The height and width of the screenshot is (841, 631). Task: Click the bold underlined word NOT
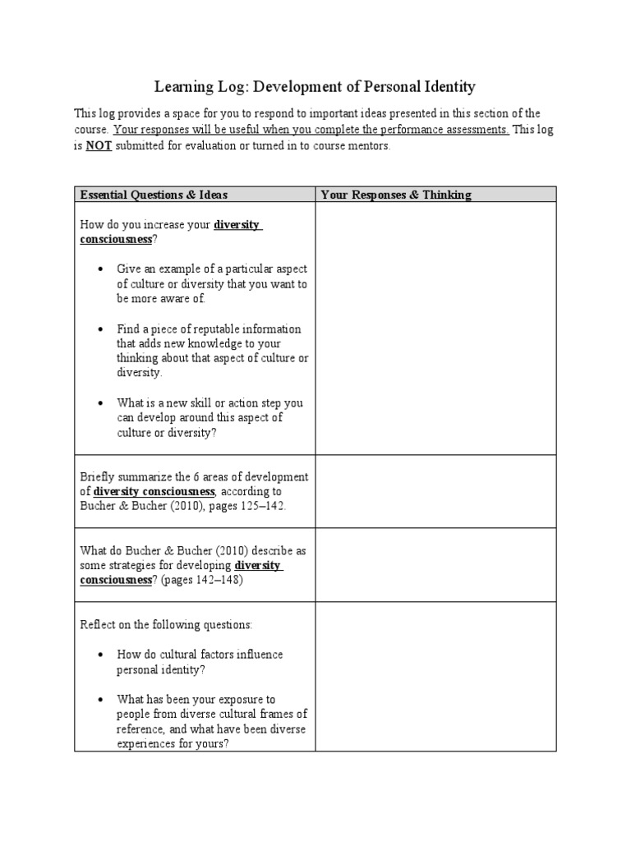pyautogui.click(x=98, y=146)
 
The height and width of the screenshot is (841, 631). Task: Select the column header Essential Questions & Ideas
pyautogui.click(x=154, y=195)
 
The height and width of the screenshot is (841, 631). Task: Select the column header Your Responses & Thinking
pyautogui.click(x=396, y=195)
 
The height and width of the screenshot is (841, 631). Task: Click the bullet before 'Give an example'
pyautogui.click(x=100, y=269)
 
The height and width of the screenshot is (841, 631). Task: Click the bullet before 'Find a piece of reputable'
pyautogui.click(x=100, y=329)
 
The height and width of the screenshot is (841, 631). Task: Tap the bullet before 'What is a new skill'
pyautogui.click(x=100, y=403)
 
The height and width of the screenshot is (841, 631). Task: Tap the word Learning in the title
pyautogui.click(x=182, y=86)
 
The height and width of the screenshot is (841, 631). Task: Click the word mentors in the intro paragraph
pyautogui.click(x=369, y=146)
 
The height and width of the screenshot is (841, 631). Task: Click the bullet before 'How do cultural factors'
pyautogui.click(x=100, y=655)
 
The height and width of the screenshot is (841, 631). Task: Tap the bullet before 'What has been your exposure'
pyautogui.click(x=100, y=699)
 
